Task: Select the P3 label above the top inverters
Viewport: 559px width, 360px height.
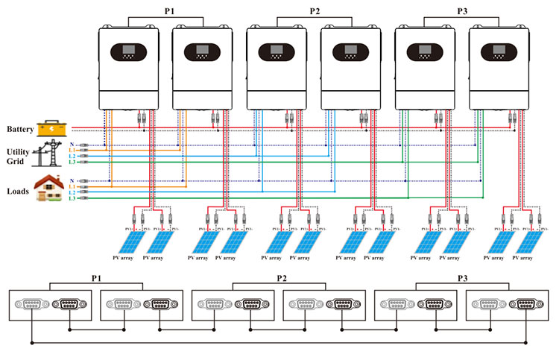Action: pyautogui.click(x=462, y=10)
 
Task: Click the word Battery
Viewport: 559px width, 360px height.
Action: pyautogui.click(x=20, y=130)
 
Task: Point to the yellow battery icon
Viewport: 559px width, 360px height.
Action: pyautogui.click(x=51, y=127)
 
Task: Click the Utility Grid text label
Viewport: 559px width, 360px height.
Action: pyautogui.click(x=19, y=156)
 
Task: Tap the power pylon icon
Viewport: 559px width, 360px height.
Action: pyautogui.click(x=51, y=153)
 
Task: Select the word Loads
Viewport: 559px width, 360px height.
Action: pyautogui.click(x=18, y=192)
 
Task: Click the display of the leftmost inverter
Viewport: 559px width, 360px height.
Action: pyautogui.click(x=129, y=53)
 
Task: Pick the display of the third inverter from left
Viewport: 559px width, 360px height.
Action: pyautogui.click(x=277, y=53)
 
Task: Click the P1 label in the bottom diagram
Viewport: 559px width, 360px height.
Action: pyautogui.click(x=96, y=278)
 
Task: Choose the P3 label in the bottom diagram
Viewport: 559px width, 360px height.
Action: pyautogui.click(x=463, y=278)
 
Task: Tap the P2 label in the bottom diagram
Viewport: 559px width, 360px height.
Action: pyautogui.click(x=282, y=278)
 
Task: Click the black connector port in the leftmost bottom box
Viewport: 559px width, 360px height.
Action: pyautogui.click(x=69, y=305)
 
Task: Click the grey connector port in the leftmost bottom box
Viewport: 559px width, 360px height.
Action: pyautogui.click(x=31, y=305)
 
